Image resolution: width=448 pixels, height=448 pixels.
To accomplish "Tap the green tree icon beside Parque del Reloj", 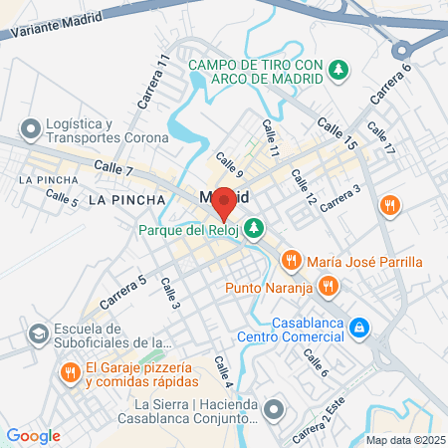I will coord(255,228).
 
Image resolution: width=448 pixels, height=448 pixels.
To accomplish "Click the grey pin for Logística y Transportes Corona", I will coord(29,127).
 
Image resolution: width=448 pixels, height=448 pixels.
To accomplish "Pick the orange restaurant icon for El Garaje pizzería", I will coord(69,372).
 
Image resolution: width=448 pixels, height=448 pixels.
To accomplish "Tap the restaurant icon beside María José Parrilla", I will coord(291,261).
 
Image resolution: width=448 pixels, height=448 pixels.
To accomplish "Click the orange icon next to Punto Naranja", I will coord(330,288).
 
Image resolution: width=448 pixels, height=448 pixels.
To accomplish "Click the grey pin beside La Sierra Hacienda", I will coord(276,408).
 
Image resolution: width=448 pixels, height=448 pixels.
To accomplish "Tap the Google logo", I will coord(33,435).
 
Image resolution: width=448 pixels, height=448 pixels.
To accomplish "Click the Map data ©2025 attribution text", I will coord(405,439).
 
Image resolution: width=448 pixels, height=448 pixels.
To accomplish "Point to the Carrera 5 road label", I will coord(122,290).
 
